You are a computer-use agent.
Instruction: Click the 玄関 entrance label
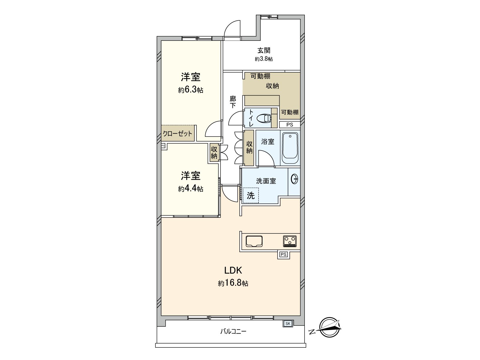click(264, 50)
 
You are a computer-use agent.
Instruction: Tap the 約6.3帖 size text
click(190, 90)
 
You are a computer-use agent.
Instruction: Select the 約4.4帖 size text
click(190, 189)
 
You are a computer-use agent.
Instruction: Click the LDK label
click(233, 270)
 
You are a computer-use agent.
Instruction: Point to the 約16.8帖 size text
click(233, 283)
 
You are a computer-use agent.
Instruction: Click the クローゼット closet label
click(177, 133)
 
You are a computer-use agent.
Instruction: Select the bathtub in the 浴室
click(290, 147)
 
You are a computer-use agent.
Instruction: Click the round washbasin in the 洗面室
click(295, 179)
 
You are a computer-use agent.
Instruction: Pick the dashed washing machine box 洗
click(250, 195)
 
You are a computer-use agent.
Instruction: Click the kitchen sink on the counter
click(254, 241)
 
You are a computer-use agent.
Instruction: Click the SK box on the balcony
click(288, 324)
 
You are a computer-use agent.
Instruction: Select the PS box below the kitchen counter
click(283, 255)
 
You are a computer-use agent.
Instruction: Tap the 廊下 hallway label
click(233, 102)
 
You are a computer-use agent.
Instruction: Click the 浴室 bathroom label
click(268, 141)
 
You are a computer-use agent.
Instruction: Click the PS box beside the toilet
click(289, 125)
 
